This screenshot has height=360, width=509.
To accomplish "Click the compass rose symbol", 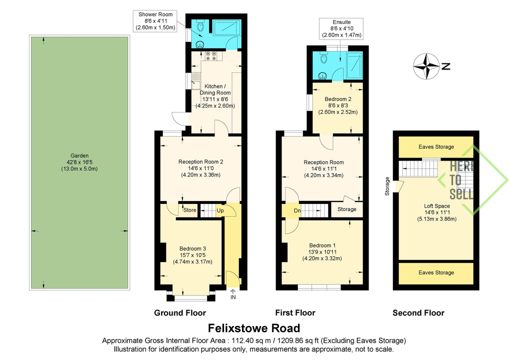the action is point(426,66).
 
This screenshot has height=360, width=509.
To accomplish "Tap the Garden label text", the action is point(79,162).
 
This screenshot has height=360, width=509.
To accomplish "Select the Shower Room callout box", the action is point(155,21).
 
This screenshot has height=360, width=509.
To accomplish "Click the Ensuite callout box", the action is point(341,28).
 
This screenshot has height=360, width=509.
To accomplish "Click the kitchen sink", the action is point(196,81).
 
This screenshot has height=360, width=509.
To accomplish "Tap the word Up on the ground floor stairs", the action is point(220,210).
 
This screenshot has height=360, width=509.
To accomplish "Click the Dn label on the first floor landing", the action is point(297,210).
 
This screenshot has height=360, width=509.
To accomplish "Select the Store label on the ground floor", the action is point(189,210).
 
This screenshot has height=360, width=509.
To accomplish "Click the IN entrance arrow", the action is point(233,294).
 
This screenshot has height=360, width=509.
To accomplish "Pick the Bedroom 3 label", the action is point(193,255).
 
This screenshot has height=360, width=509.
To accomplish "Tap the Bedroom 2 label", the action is point(338,105).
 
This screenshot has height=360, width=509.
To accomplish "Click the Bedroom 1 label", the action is point(322,252).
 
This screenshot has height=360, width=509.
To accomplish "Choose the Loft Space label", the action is point(437,212).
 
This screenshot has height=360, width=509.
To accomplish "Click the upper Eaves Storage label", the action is point(436,146).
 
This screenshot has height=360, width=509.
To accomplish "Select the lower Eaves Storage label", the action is point(436,272).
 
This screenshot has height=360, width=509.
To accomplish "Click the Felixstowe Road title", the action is point(254,328).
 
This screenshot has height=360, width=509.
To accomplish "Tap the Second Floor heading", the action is point(418,313).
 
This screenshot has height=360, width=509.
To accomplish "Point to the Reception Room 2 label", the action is point(200,168).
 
